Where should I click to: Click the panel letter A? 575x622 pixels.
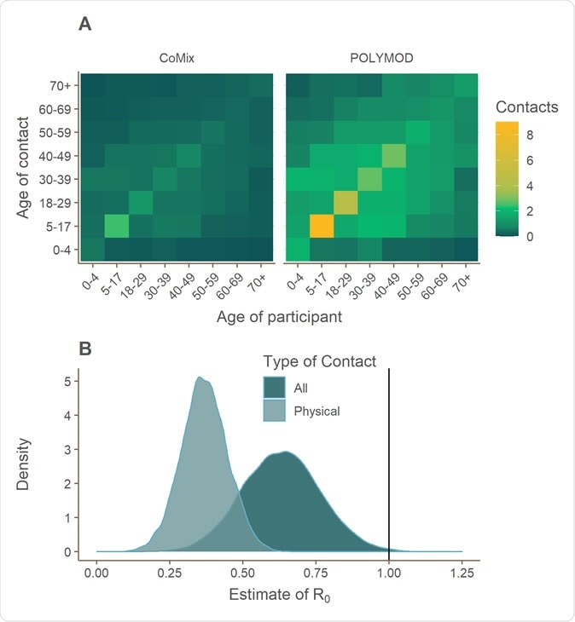coord(85,25)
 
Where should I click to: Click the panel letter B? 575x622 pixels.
coord(85,349)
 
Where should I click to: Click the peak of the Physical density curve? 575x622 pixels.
coord(200,377)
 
